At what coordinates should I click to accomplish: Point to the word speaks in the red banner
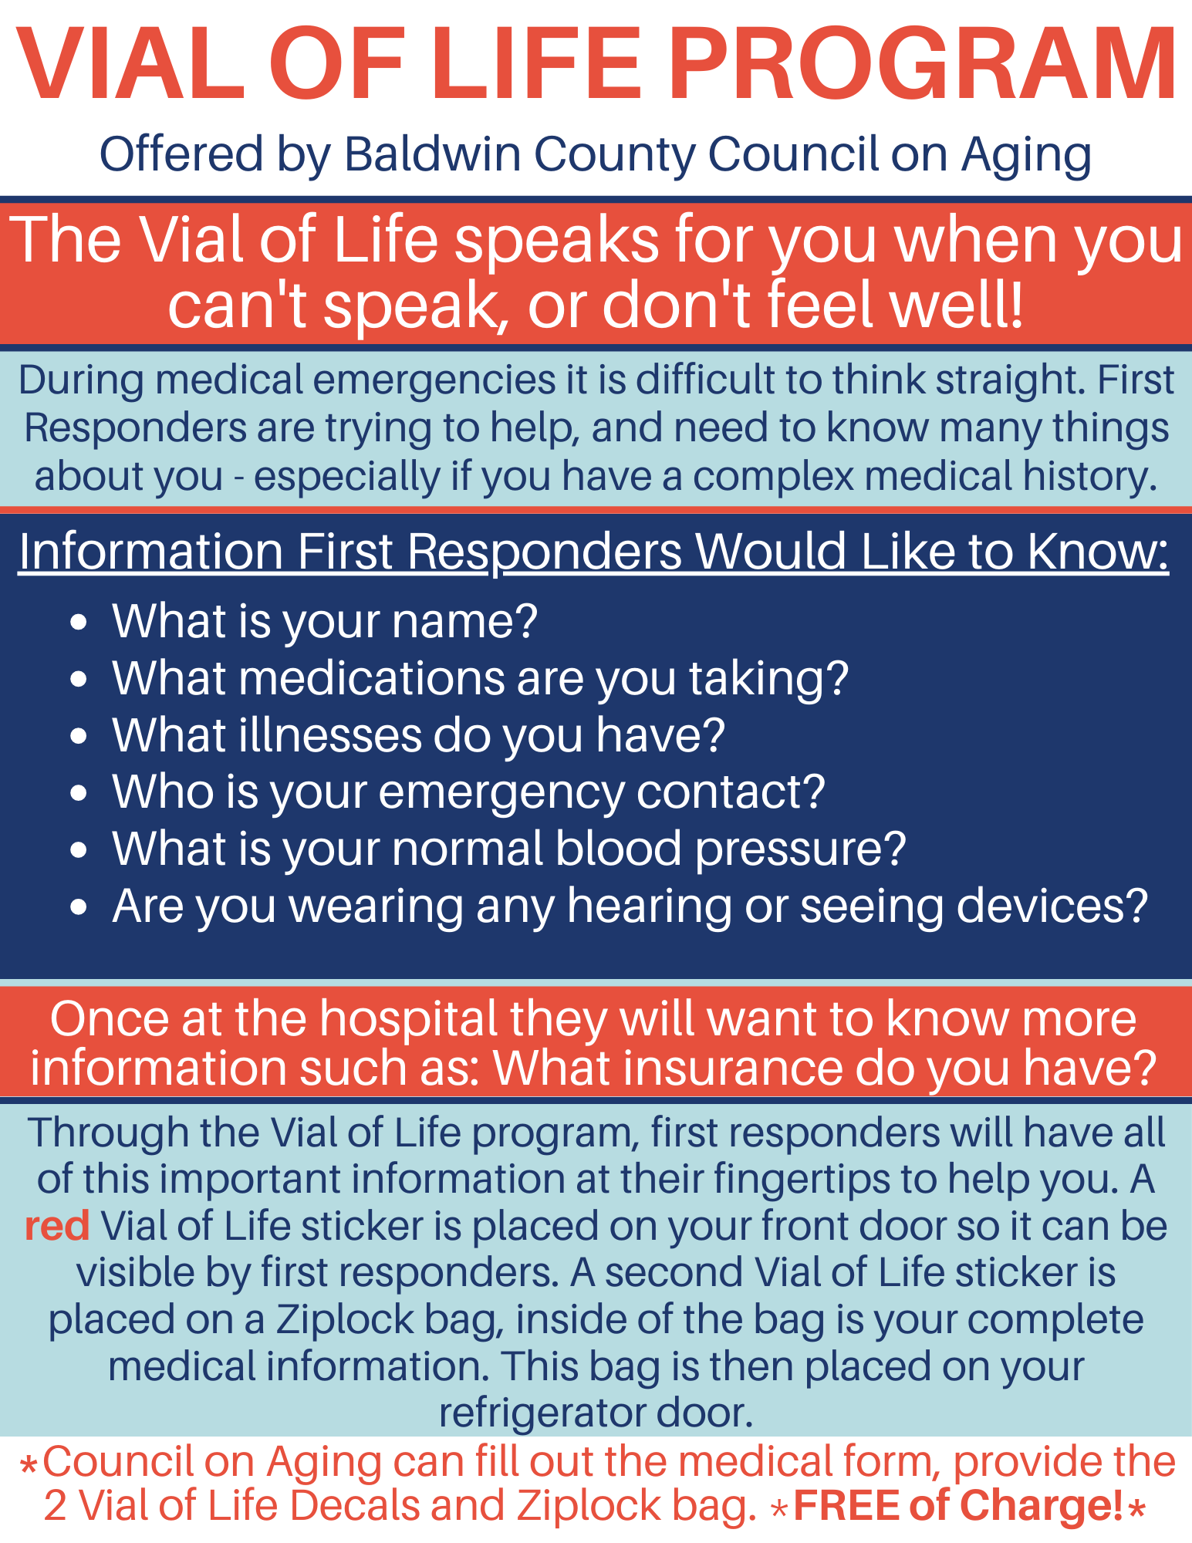click(556, 241)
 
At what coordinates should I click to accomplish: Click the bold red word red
click(58, 1226)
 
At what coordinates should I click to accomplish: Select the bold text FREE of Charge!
click(958, 1505)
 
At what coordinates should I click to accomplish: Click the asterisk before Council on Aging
click(29, 1464)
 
